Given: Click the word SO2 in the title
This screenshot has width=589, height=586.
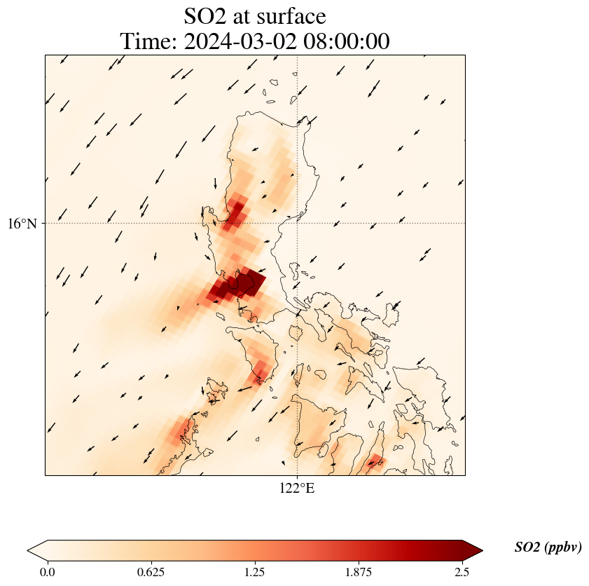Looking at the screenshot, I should click(x=206, y=16).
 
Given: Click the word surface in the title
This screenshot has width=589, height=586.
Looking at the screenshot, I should click(x=292, y=16).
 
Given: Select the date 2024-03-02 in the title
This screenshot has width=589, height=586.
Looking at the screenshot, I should click(x=237, y=41).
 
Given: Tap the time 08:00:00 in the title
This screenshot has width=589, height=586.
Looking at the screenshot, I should click(x=343, y=41).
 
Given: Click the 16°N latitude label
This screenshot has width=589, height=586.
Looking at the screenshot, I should click(x=23, y=224).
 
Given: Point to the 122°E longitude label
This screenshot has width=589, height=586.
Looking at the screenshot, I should click(x=297, y=488).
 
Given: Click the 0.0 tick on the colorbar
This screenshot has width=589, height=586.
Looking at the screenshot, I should click(x=48, y=571).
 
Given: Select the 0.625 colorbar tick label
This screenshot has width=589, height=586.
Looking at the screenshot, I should click(x=151, y=571).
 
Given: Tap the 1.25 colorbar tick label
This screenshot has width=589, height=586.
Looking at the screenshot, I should click(x=254, y=571).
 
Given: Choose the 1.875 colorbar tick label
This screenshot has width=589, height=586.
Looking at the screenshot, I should click(x=358, y=571).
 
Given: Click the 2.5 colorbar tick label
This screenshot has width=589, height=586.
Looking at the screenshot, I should click(x=461, y=571).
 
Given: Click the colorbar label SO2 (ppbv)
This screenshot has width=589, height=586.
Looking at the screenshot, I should click(x=548, y=547).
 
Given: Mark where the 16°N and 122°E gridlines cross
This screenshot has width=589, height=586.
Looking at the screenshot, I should click(x=298, y=224).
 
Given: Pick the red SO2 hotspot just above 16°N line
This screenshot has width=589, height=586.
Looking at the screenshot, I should click(x=236, y=212).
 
